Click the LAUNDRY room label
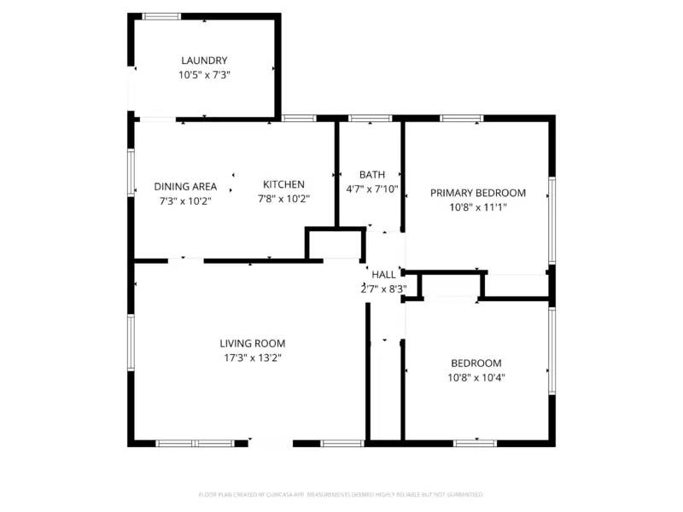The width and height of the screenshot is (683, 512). [x=204, y=61]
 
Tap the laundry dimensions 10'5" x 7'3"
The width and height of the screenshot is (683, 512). [x=204, y=75]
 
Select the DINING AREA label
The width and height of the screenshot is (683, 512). [x=185, y=187]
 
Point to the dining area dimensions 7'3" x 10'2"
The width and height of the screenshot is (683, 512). [x=185, y=201]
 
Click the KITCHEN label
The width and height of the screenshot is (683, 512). [x=283, y=184]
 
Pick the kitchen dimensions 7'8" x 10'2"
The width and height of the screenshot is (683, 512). [x=283, y=199]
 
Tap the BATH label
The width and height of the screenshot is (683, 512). [x=372, y=175]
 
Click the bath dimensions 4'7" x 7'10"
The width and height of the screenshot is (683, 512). [x=372, y=189]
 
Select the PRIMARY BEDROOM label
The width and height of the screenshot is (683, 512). [x=477, y=193]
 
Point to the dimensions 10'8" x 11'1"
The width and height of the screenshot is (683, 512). [x=477, y=207]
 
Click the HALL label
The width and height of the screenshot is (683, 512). [x=384, y=275]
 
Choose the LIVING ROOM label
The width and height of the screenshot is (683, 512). [x=252, y=344]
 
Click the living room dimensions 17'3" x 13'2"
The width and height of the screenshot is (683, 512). [x=252, y=358]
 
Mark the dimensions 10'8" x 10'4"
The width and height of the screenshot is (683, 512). [x=475, y=377]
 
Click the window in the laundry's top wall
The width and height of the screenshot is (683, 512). [x=161, y=16]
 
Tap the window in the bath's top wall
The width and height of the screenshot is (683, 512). [x=371, y=118]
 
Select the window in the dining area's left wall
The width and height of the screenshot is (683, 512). [x=131, y=171]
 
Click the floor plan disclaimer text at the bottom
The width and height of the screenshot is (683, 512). [x=341, y=494]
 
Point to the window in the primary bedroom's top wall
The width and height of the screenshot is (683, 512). [x=462, y=118]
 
